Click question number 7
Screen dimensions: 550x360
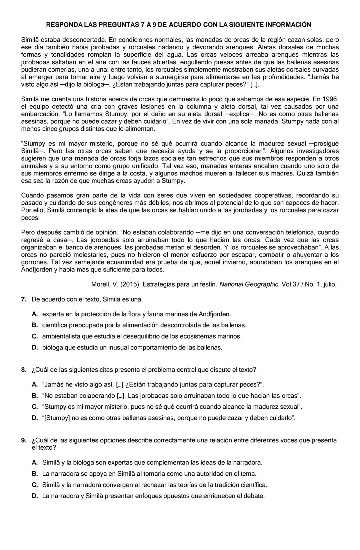[x=24, y=299]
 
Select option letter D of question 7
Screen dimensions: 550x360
[x=35, y=347]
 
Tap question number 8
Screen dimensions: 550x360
[x=24, y=369]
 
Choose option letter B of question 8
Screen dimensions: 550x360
[x=35, y=395]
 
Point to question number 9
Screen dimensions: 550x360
[x=24, y=440]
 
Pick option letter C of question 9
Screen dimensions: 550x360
[x=35, y=484]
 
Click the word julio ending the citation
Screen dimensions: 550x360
[x=329, y=284]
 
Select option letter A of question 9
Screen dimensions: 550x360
[x=35, y=462]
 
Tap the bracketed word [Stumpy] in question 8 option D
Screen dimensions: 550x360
[x=56, y=418]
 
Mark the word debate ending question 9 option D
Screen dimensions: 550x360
[x=254, y=496]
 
